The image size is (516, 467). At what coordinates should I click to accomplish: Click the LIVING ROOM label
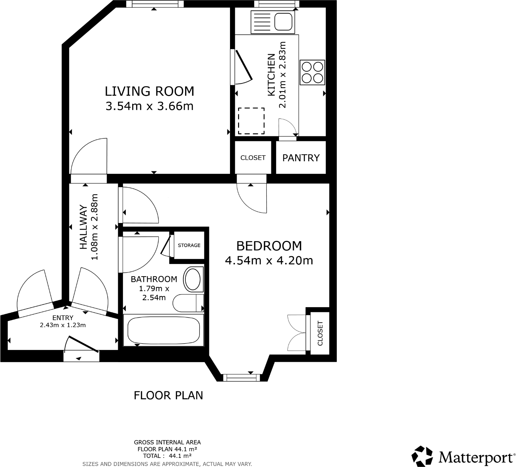(149, 91)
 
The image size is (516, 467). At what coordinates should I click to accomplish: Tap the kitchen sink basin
(283, 21)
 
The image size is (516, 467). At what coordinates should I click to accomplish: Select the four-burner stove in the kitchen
(312, 72)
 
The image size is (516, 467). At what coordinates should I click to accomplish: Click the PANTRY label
(301, 158)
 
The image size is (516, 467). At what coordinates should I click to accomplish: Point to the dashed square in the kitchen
(251, 121)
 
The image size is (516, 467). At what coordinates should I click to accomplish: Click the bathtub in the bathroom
(163, 330)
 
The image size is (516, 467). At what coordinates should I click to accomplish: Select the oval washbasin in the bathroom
(193, 279)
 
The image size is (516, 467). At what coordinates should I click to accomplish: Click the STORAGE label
(189, 245)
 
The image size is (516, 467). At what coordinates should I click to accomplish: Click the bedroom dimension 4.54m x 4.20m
(269, 260)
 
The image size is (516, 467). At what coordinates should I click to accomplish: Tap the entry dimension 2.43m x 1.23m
(63, 325)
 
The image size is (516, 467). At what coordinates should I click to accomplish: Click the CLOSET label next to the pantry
(253, 158)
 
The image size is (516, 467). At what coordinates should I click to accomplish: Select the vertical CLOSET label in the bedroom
(320, 333)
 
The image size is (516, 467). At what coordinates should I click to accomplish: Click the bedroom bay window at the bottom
(242, 378)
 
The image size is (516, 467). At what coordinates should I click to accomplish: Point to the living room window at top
(155, 4)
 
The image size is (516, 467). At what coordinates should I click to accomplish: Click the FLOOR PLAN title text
(168, 395)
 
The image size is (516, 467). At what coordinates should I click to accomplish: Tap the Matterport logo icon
(422, 456)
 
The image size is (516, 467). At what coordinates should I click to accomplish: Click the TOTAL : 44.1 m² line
(167, 456)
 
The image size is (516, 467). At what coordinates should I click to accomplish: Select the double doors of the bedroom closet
(297, 333)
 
